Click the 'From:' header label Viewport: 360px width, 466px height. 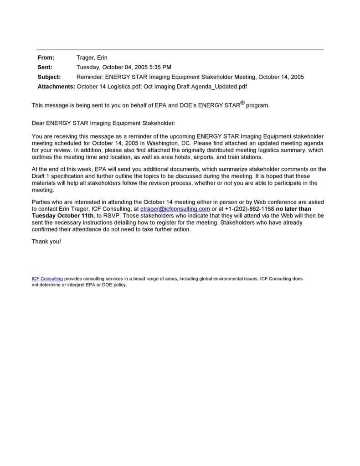click(46, 57)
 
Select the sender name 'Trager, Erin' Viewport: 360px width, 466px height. click(92, 57)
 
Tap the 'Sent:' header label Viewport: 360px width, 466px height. click(45, 67)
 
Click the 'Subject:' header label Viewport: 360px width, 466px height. click(49, 77)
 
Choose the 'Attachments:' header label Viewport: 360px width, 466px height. click(56, 86)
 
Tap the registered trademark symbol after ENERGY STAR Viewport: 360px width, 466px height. click(242, 103)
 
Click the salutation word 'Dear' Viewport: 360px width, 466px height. click(38, 123)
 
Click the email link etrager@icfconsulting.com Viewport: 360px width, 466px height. click(175, 209)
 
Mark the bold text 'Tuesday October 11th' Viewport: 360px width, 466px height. click(62, 216)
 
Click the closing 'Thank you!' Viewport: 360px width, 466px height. click(46, 241)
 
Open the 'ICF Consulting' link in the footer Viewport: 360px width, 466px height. click(47, 278)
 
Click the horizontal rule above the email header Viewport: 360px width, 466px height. click(180, 49)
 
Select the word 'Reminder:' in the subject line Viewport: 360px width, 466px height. click(90, 77)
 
